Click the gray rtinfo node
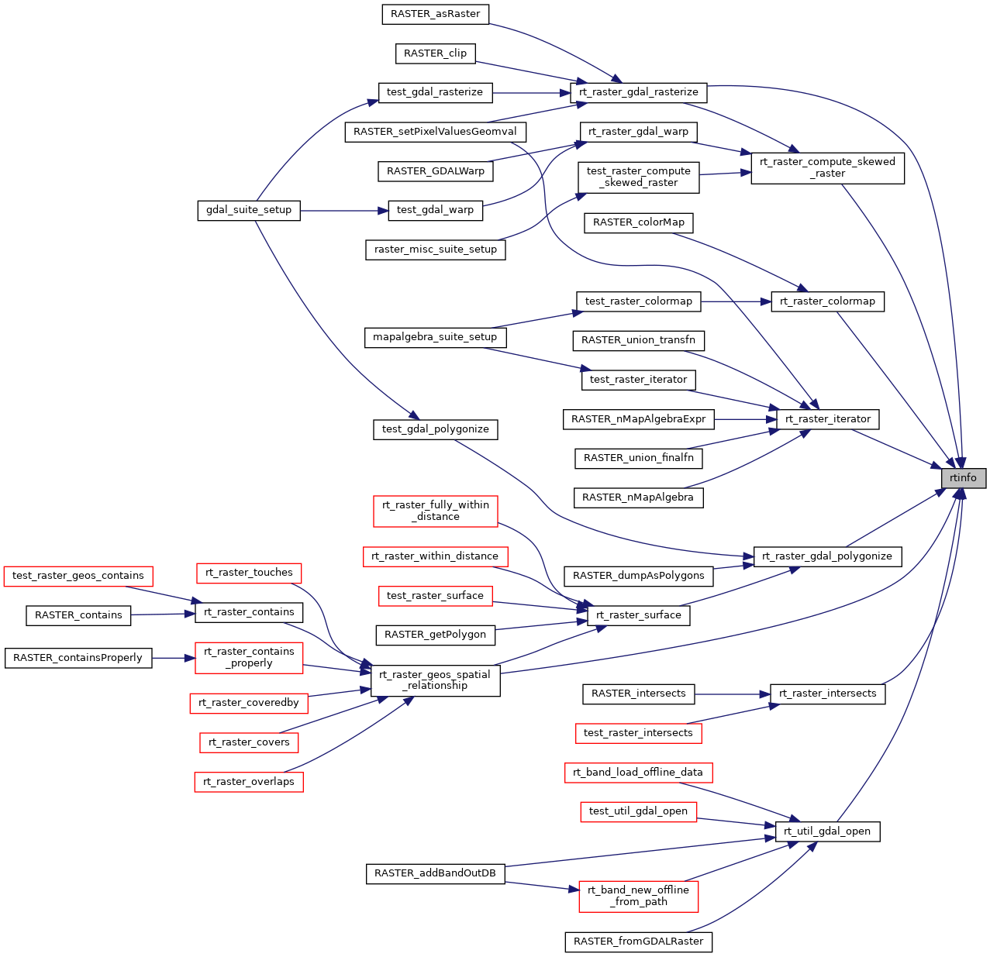pyautogui.click(x=964, y=478)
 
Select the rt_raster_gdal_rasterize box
pyautogui.click(x=639, y=92)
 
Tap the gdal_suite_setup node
pyautogui.click(x=249, y=210)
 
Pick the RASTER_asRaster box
pyautogui.click(x=436, y=14)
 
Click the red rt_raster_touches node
pyautogui.click(x=249, y=573)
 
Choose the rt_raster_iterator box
pyautogui.click(x=828, y=419)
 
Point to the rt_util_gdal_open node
pyautogui.click(x=827, y=831)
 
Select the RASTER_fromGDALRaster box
pyautogui.click(x=639, y=942)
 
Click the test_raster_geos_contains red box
pyautogui.click(x=78, y=576)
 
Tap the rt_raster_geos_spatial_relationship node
pyautogui.click(x=435, y=680)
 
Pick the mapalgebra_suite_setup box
pyautogui.click(x=435, y=337)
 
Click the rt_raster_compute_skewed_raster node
pyautogui.click(x=827, y=167)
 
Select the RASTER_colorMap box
pyautogui.click(x=639, y=222)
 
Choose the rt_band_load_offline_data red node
pyautogui.click(x=638, y=773)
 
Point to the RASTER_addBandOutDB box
pyautogui.click(x=435, y=873)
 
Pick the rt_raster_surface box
pyautogui.click(x=639, y=615)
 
